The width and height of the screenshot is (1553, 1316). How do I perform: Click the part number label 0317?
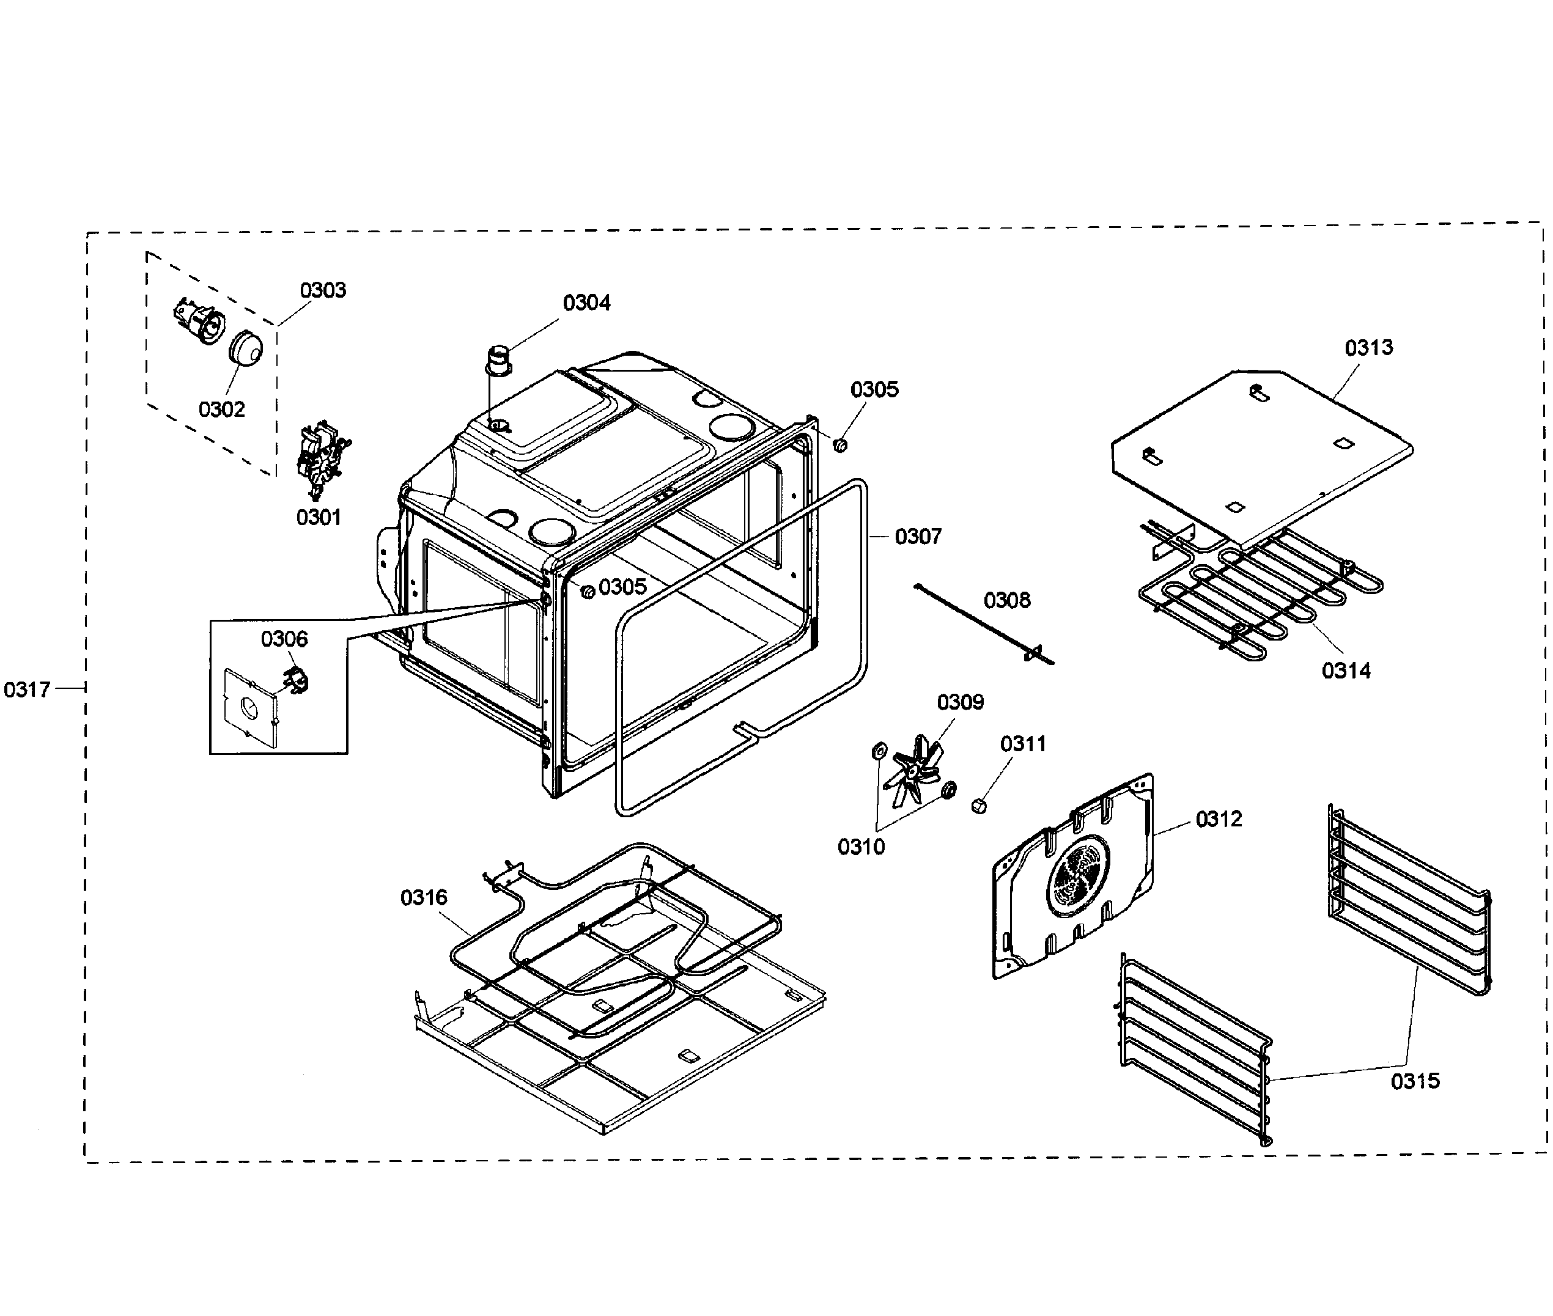point(27,689)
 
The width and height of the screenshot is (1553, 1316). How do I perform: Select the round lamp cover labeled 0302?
point(245,348)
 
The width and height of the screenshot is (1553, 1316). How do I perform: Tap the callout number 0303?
point(322,290)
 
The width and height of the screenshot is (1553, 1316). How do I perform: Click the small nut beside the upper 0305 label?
point(839,446)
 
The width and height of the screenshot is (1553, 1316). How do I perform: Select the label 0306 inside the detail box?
point(284,639)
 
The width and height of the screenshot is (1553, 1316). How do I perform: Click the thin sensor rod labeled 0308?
point(984,623)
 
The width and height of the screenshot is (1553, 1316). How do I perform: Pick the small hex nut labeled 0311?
point(979,806)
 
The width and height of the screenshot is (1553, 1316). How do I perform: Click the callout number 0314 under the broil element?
point(1346,670)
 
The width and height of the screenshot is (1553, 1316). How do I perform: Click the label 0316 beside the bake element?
point(423,897)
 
